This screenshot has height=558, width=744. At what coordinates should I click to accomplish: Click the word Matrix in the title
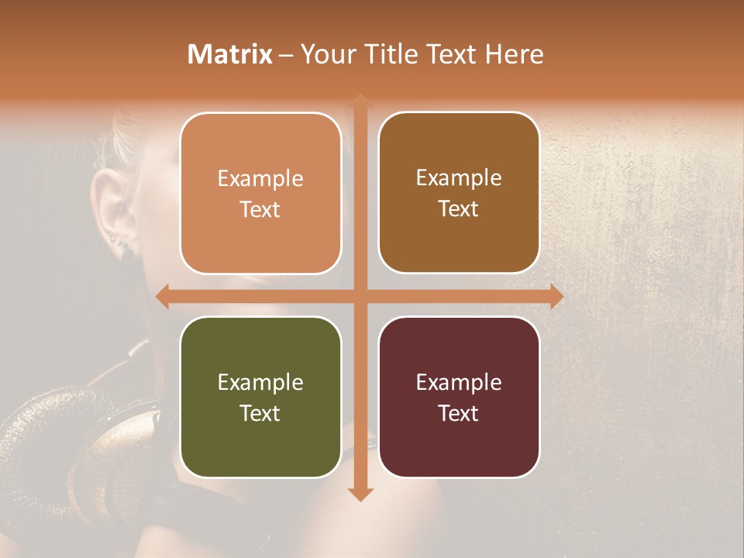click(230, 54)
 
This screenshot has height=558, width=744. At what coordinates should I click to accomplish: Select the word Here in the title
click(515, 54)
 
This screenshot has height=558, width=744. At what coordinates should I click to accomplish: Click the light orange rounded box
click(260, 193)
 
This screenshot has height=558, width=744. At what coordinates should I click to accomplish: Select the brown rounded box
click(459, 193)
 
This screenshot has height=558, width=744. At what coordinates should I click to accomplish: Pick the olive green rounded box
click(260, 397)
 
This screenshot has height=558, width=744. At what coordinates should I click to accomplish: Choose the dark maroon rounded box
click(459, 397)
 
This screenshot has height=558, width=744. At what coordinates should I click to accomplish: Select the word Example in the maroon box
click(459, 382)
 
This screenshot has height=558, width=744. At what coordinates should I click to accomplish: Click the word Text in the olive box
click(260, 413)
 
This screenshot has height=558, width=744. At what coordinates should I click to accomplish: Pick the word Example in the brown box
click(459, 177)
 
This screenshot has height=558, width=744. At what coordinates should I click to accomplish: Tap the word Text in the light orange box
click(260, 209)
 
